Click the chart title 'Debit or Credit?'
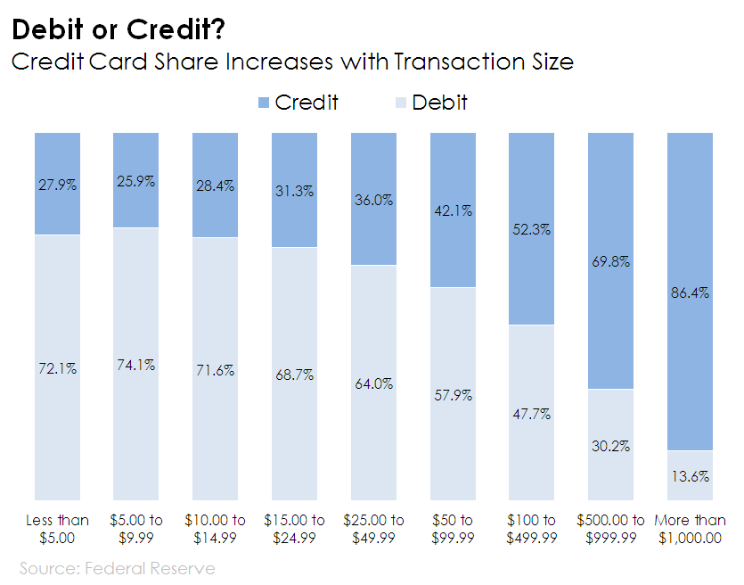pyautogui.click(x=118, y=30)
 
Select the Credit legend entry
pyautogui.click(x=297, y=102)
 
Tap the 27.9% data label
pyautogui.click(x=57, y=185)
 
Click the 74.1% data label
pyautogui.click(x=135, y=365)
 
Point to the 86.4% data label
pyautogui.click(x=690, y=292)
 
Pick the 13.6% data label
pyautogui.click(x=690, y=476)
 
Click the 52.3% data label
pyautogui.click(x=531, y=229)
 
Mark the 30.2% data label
pyautogui.click(x=610, y=446)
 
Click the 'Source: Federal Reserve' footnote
pyautogui.click(x=117, y=567)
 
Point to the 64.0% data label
pyautogui.click(x=373, y=383)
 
